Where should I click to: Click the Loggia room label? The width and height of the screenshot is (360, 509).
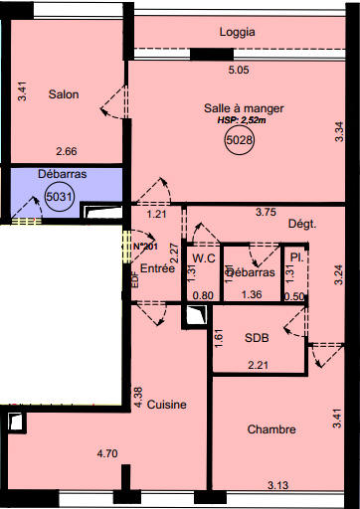[238, 32]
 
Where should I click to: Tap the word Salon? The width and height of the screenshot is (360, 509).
[63, 94]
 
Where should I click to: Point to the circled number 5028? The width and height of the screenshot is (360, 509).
[239, 142]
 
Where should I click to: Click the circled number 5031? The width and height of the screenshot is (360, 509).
[60, 198]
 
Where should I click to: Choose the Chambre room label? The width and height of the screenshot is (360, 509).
[271, 429]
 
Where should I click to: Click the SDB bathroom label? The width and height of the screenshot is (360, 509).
[258, 338]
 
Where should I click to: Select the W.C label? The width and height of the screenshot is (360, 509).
[205, 258]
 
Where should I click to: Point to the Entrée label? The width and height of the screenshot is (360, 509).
[157, 268]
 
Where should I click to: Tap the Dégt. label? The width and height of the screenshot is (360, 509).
[301, 225]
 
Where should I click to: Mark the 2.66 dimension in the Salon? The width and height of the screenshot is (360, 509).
[67, 152]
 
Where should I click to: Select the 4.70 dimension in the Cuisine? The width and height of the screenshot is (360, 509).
[108, 453]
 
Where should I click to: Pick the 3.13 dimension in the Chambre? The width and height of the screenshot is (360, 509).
[279, 484]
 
